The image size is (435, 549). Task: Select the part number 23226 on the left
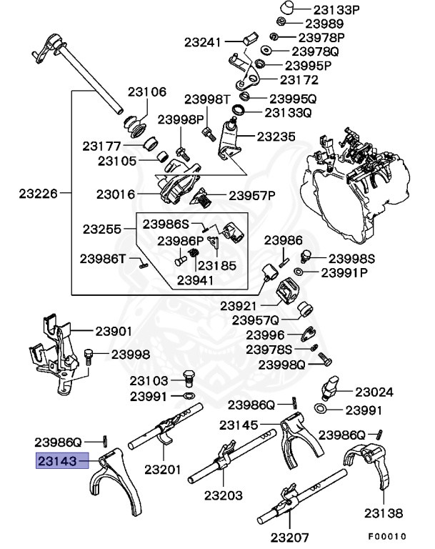pyautogui.click(x=36, y=192)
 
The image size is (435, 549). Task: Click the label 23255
pyautogui.click(x=102, y=229)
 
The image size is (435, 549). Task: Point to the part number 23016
pyautogui.click(x=116, y=193)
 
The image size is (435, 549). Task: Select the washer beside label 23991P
pyautogui.click(x=298, y=272)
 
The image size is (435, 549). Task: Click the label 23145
pyautogui.click(x=239, y=425)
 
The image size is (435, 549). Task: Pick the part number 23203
pyautogui.click(x=223, y=495)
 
